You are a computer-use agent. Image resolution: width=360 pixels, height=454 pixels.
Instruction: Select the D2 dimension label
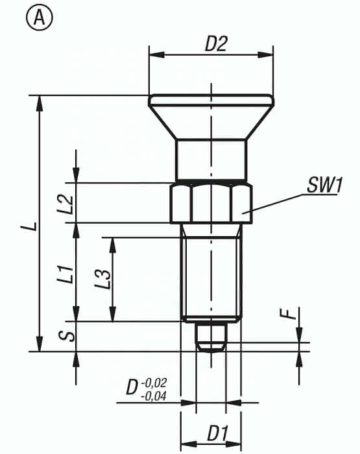click(x=217, y=43)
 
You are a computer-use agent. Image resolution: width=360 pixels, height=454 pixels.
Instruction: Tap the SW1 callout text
click(x=324, y=185)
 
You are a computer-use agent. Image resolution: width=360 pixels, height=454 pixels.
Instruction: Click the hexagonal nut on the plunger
click(x=211, y=203)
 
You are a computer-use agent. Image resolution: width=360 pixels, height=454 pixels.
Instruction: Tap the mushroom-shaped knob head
click(x=211, y=113)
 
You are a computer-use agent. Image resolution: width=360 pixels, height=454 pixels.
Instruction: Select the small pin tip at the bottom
click(x=211, y=336)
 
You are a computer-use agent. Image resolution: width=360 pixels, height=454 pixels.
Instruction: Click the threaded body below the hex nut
click(x=211, y=272)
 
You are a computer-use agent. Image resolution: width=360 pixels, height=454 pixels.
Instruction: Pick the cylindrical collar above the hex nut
click(x=211, y=160)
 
